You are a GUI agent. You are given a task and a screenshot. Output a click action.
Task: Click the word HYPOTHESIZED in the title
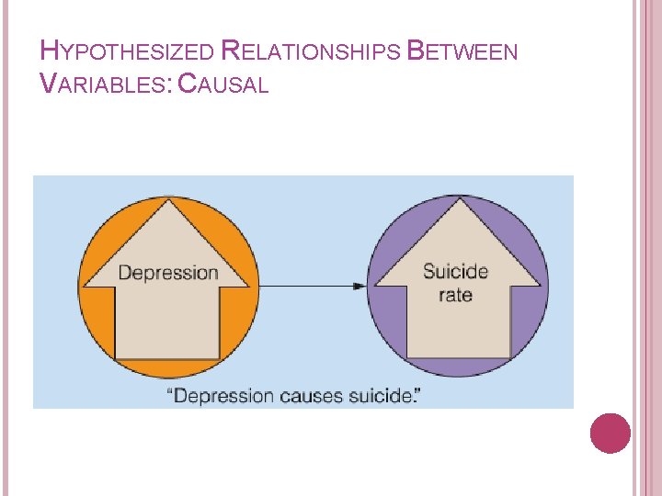pos(129,52)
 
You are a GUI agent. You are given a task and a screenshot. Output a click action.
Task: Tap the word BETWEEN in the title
pos(462,52)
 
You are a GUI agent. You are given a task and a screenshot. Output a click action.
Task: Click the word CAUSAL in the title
pos(223,85)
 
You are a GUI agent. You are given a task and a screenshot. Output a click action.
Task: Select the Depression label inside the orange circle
pos(168,273)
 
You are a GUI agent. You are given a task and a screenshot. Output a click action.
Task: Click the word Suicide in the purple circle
pos(456,272)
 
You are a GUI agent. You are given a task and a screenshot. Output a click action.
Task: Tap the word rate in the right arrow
pos(455,296)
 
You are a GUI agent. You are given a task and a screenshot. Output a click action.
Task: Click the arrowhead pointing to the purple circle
pos(360,287)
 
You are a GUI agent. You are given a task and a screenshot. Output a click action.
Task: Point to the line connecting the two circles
pos(303,287)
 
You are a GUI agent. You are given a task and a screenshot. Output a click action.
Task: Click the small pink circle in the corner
pos(610,433)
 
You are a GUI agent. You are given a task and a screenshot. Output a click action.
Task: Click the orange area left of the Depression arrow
pos(96,294)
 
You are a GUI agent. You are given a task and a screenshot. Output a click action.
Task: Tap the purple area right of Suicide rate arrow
pos(531,303)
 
